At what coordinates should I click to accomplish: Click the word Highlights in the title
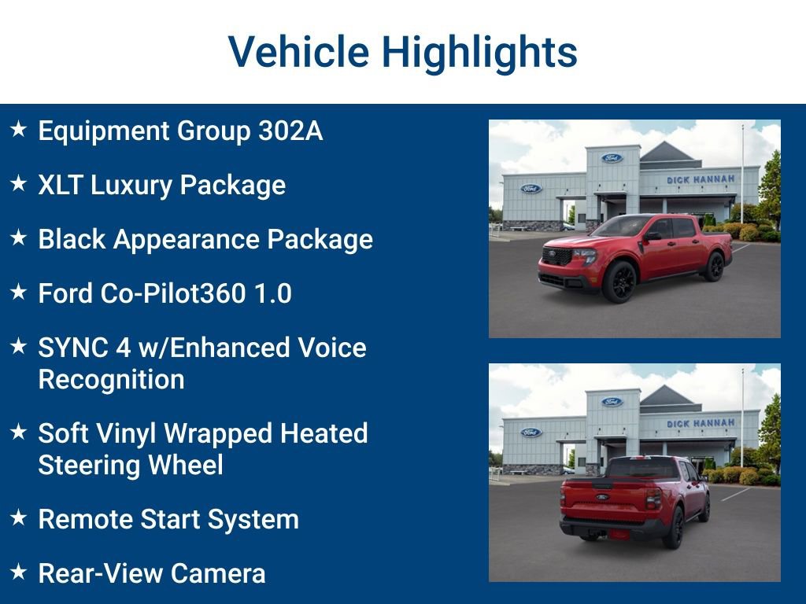tap(479, 52)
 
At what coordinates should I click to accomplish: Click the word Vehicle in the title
tap(298, 52)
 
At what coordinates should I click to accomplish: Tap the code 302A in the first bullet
tap(290, 131)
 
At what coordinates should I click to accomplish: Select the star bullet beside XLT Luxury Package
tap(18, 184)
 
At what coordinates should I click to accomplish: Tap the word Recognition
tap(111, 379)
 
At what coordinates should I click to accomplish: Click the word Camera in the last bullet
tap(218, 573)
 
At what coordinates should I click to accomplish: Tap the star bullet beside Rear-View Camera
tap(18, 572)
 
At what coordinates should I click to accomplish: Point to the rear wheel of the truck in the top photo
tap(714, 267)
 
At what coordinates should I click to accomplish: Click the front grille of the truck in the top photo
tap(557, 256)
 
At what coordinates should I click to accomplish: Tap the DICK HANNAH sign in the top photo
tap(701, 179)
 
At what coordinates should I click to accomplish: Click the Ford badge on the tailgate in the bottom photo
tap(602, 497)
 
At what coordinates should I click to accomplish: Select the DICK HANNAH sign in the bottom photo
tap(701, 423)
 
